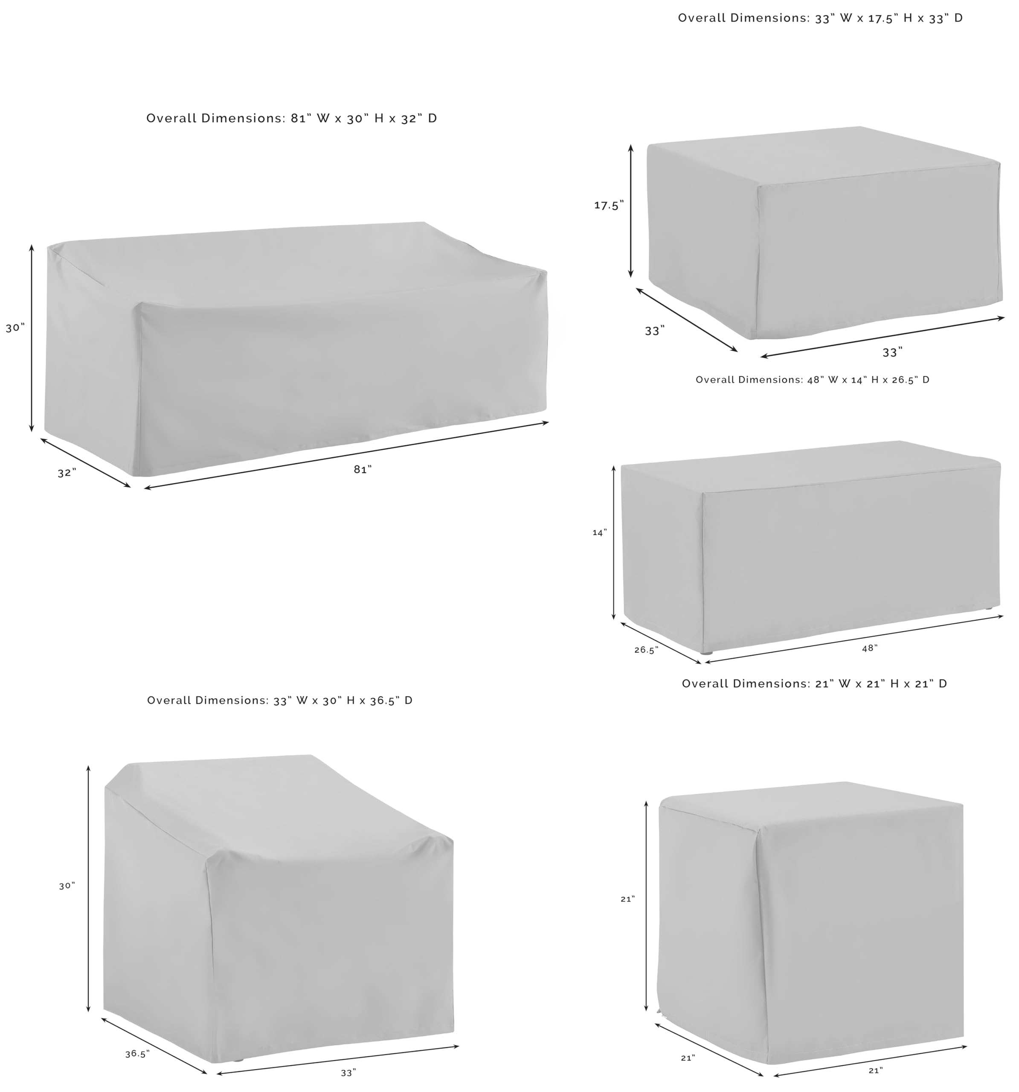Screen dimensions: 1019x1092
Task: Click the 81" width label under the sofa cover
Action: coord(363,469)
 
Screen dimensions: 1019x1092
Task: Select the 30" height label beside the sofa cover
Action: coord(15,328)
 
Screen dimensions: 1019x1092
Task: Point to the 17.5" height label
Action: coord(609,206)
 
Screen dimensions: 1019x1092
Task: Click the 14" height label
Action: coord(600,532)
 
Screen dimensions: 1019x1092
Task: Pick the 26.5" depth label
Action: coord(647,650)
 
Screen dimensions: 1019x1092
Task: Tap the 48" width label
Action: coord(870,648)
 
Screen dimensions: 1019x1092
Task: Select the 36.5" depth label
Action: coord(137,1054)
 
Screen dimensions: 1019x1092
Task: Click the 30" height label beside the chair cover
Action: coord(67,886)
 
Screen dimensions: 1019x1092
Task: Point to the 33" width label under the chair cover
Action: coord(348,1073)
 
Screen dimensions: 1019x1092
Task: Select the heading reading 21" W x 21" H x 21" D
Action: coord(815,683)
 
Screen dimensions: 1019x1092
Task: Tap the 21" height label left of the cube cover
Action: coord(628,899)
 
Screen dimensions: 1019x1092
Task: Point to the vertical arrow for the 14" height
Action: coord(614,543)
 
